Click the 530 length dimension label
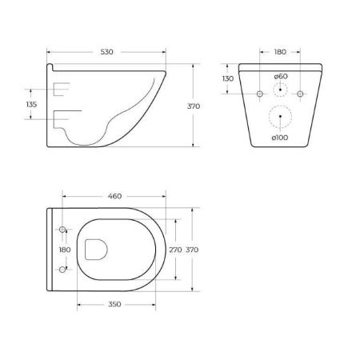pyautogui.click(x=107, y=51)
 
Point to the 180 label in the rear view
pyautogui.click(x=280, y=51)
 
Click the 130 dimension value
pyautogui.click(x=228, y=78)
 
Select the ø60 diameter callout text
pyautogui.click(x=280, y=77)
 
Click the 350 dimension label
pyautogui.click(x=115, y=306)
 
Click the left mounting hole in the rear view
pyautogui.click(x=260, y=94)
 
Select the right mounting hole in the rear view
pyautogui.click(x=300, y=94)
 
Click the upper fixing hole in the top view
pyautogui.click(x=62, y=230)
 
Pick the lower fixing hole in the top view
pyautogui.click(x=62, y=270)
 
